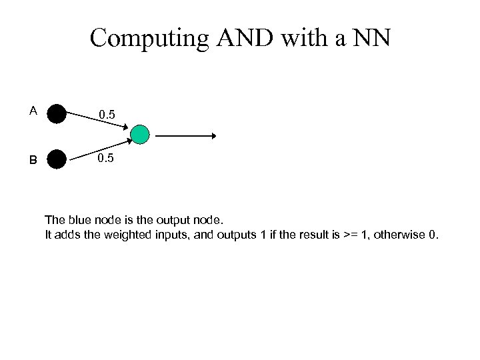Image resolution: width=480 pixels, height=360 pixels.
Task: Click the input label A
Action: pos(33,111)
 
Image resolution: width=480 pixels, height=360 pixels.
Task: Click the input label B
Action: pos(33,160)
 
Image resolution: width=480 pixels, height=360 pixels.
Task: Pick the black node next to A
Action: pos(57,114)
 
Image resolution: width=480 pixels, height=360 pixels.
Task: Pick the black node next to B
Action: pos(57,159)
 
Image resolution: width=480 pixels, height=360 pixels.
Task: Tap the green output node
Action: pos(140,135)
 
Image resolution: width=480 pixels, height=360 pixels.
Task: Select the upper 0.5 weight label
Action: pos(107,115)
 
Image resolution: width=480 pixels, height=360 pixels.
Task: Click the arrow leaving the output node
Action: pos(186,136)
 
